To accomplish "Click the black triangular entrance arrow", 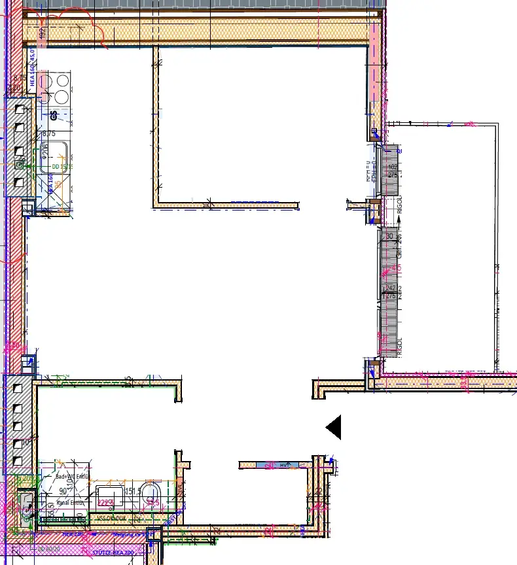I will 334,428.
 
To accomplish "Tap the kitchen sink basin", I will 54,158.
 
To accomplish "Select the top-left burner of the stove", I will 46,82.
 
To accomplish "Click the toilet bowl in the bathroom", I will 152,495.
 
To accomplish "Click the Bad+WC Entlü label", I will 71,477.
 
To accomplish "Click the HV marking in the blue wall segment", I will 284,465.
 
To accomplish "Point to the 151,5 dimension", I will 133,492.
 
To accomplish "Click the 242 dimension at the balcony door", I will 391,288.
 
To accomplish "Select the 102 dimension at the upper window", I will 393,167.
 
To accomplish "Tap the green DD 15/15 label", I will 62,167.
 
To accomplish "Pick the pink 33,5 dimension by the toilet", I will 152,502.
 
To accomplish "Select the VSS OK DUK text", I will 111,518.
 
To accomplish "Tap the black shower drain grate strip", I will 64,520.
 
